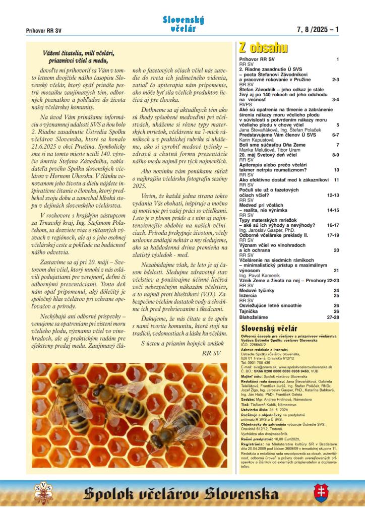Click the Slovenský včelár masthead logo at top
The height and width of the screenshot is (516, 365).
[182, 24]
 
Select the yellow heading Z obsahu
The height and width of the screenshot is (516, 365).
[263, 48]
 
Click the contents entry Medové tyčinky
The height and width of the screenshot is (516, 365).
[256, 290]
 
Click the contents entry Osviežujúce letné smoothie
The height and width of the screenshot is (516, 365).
[270, 305]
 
